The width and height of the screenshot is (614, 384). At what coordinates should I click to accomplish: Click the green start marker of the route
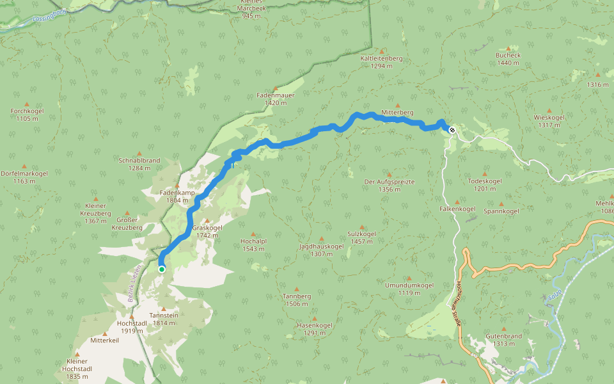pyautogui.click(x=162, y=269)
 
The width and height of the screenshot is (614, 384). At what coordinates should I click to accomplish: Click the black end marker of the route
pyautogui.click(x=452, y=130)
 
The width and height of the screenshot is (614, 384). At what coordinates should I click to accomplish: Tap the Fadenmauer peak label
pyautogui.click(x=276, y=99)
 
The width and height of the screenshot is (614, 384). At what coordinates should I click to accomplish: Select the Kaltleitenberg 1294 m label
pyautogui.click(x=381, y=61)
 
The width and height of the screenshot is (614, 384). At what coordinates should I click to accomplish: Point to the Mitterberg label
pyautogui.click(x=397, y=113)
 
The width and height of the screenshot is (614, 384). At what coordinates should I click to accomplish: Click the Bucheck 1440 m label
pyautogui.click(x=508, y=59)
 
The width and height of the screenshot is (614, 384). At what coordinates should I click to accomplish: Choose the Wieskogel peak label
pyautogui.click(x=549, y=121)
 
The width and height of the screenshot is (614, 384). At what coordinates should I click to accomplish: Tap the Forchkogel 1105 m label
pyautogui.click(x=26, y=114)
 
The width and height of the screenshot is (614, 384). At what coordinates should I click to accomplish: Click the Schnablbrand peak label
pyautogui.click(x=139, y=164)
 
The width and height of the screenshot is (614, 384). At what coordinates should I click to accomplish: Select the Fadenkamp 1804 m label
pyautogui.click(x=177, y=196)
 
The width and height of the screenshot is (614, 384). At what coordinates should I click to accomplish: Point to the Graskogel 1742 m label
pyautogui.click(x=207, y=231)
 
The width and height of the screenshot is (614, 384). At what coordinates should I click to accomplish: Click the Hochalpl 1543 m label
pyautogui.click(x=253, y=244)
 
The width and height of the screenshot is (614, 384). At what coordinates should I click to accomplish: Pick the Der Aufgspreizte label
pyautogui.click(x=389, y=185)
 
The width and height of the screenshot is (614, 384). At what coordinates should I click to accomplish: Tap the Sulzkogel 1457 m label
pyautogui.click(x=363, y=237)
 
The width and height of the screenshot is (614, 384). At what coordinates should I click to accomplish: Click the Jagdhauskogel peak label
pyautogui.click(x=321, y=250)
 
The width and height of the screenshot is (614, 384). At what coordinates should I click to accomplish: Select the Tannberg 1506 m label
pyautogui.click(x=297, y=300)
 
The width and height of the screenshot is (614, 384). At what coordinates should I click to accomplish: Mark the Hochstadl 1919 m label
pyautogui.click(x=132, y=326)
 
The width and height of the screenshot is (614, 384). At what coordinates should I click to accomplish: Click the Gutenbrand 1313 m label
pyautogui.click(x=504, y=339)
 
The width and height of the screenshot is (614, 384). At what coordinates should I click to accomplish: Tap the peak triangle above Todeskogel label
pyautogui.click(x=485, y=173)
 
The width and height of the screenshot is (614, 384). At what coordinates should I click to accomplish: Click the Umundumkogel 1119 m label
pyautogui.click(x=409, y=289)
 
